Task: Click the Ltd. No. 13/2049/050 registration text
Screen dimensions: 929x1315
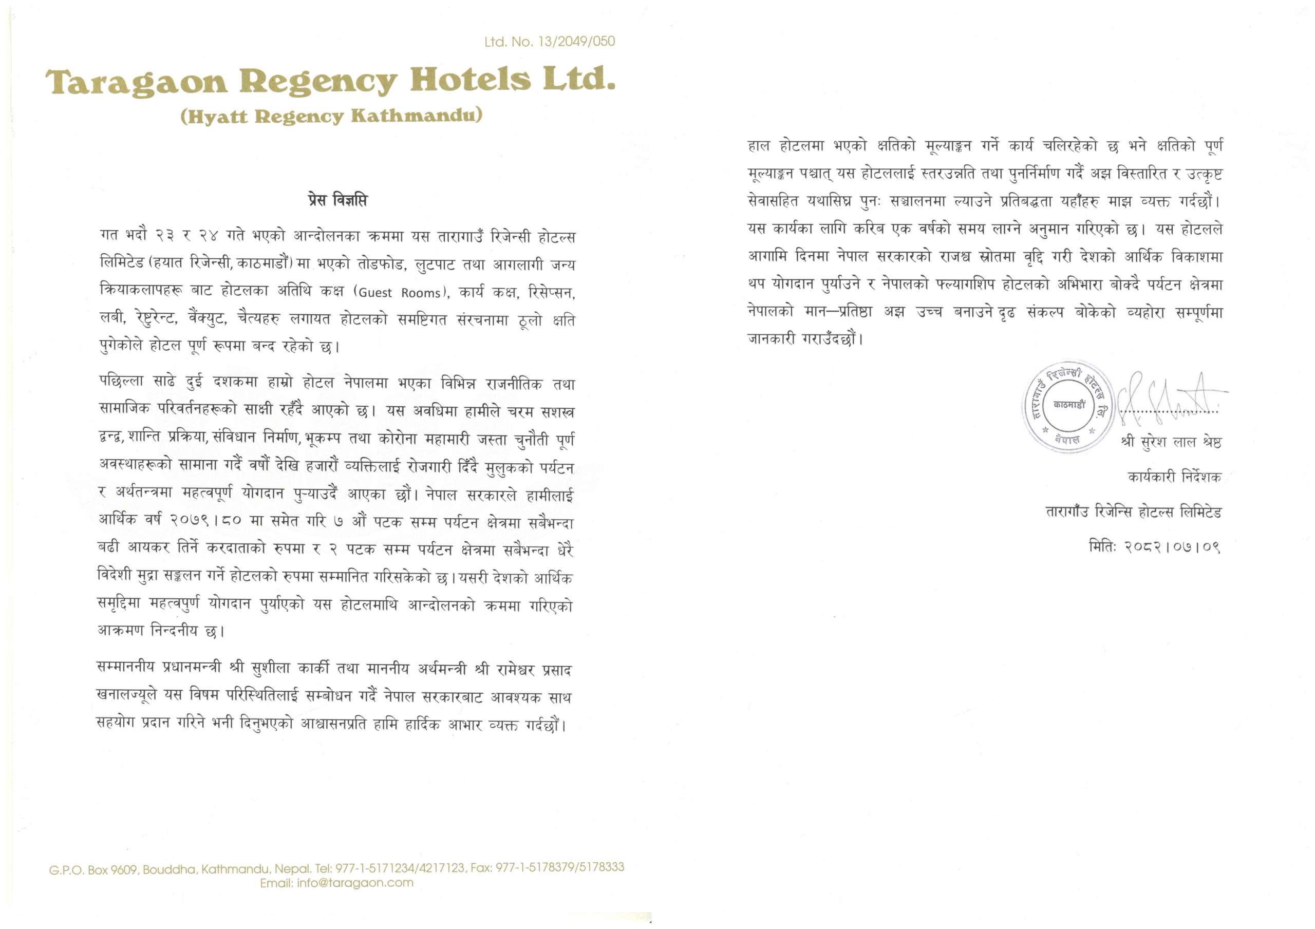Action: (x=549, y=42)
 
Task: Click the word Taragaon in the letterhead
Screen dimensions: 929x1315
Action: (x=136, y=82)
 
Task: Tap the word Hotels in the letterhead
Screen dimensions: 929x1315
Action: (x=470, y=80)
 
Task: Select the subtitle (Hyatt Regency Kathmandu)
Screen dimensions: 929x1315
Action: (x=331, y=116)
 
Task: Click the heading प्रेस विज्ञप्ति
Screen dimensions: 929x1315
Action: (x=337, y=200)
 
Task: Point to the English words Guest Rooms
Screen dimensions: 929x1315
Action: (x=399, y=293)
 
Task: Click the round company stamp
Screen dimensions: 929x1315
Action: (x=1068, y=406)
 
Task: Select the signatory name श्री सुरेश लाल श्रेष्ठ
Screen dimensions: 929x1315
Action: (x=1171, y=442)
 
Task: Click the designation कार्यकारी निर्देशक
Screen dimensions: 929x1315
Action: (x=1174, y=477)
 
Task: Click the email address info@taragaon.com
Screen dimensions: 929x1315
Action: (x=354, y=883)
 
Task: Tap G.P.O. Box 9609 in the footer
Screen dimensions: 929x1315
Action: (x=93, y=869)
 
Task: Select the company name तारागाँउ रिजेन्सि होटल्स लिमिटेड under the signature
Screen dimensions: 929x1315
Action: (x=1134, y=511)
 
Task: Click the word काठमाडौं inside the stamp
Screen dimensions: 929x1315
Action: (x=1069, y=405)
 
